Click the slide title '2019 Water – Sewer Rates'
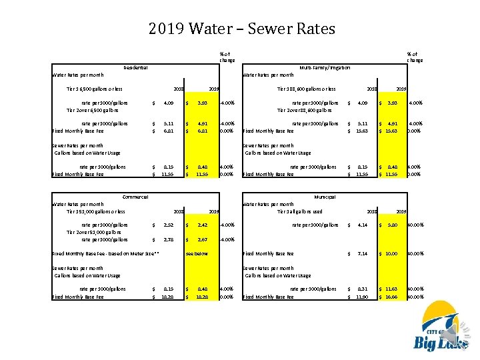242,29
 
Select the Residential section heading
136,67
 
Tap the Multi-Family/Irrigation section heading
325,67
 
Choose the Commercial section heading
136,197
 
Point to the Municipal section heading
325,197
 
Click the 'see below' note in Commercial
197,254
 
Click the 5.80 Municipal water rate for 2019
394,225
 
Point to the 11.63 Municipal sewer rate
393,289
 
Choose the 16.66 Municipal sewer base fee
393,297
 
